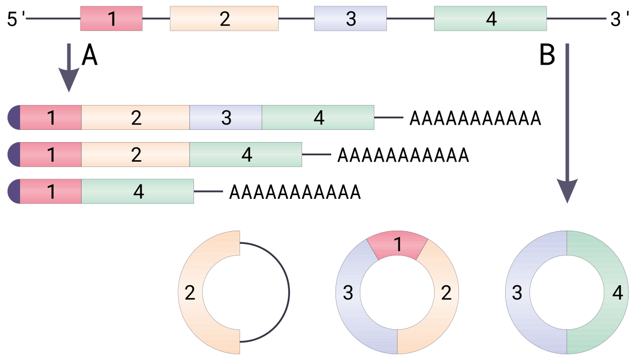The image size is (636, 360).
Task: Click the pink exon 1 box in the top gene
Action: click(111, 19)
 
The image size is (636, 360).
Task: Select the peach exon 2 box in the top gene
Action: click(224, 19)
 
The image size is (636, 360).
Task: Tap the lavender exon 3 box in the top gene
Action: click(350, 19)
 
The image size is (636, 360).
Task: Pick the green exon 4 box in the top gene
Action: click(490, 19)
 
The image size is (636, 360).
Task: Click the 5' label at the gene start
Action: click(15, 19)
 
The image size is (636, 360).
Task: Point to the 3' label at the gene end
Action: click(620, 19)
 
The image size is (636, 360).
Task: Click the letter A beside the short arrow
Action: click(90, 55)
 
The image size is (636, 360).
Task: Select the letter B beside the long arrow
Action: click(547, 55)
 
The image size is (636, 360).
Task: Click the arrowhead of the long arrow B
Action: click(567, 191)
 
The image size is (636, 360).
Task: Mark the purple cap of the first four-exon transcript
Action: click(14, 117)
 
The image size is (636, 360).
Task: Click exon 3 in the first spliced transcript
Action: click(226, 117)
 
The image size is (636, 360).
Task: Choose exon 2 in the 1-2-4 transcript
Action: click(136, 154)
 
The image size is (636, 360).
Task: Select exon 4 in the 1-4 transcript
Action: click(138, 191)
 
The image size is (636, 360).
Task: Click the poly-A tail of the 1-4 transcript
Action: click(295, 192)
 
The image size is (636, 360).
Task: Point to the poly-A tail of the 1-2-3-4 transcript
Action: click(475, 118)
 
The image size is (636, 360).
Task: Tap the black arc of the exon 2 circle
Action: click(289, 292)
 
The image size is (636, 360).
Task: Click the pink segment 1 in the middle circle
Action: click(397, 244)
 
